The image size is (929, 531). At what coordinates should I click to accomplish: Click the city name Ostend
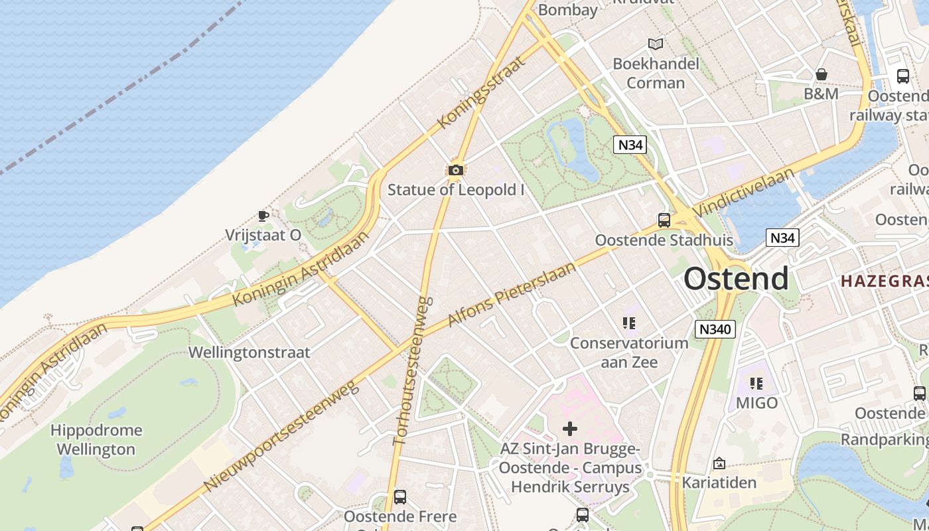(x=736, y=279)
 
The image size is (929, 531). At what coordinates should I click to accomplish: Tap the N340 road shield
(x=715, y=329)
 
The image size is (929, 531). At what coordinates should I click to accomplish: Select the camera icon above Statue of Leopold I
(x=455, y=171)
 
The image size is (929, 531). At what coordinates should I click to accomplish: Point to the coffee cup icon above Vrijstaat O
(x=263, y=216)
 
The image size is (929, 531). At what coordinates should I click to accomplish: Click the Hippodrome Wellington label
(x=96, y=439)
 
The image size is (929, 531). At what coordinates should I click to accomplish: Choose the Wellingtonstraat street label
(x=250, y=352)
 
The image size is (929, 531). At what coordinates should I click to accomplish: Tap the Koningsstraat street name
(x=481, y=92)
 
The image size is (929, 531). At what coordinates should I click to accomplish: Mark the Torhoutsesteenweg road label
(x=413, y=370)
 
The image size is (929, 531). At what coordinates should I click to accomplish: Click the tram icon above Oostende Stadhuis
(x=664, y=220)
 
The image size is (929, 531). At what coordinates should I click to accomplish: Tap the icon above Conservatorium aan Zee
(x=629, y=323)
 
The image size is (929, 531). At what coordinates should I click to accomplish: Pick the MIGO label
(x=756, y=403)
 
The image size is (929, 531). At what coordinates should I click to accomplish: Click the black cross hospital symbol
(x=569, y=428)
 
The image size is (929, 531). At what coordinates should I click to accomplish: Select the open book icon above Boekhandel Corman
(x=656, y=44)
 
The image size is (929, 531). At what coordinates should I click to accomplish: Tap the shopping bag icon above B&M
(x=821, y=74)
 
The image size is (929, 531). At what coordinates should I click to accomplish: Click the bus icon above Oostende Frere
(x=399, y=496)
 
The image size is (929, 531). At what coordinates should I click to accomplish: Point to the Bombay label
(x=568, y=10)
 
